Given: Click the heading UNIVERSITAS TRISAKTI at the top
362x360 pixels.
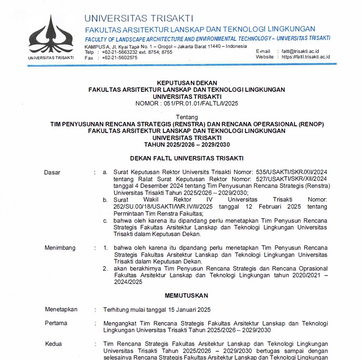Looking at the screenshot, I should click(139, 18).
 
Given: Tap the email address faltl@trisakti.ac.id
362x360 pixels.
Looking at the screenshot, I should click(300, 51).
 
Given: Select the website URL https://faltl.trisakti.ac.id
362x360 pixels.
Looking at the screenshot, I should click(306, 57).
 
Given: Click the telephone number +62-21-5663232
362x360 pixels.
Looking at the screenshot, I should click(119, 52).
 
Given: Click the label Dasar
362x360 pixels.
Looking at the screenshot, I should click(52, 172).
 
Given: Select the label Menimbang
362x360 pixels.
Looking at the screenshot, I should click(60, 248).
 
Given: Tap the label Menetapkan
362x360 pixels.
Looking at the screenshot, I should click(61, 309).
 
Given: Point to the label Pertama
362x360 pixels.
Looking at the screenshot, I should click(56, 323).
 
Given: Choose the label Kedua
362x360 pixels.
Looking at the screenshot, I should click(53, 344).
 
